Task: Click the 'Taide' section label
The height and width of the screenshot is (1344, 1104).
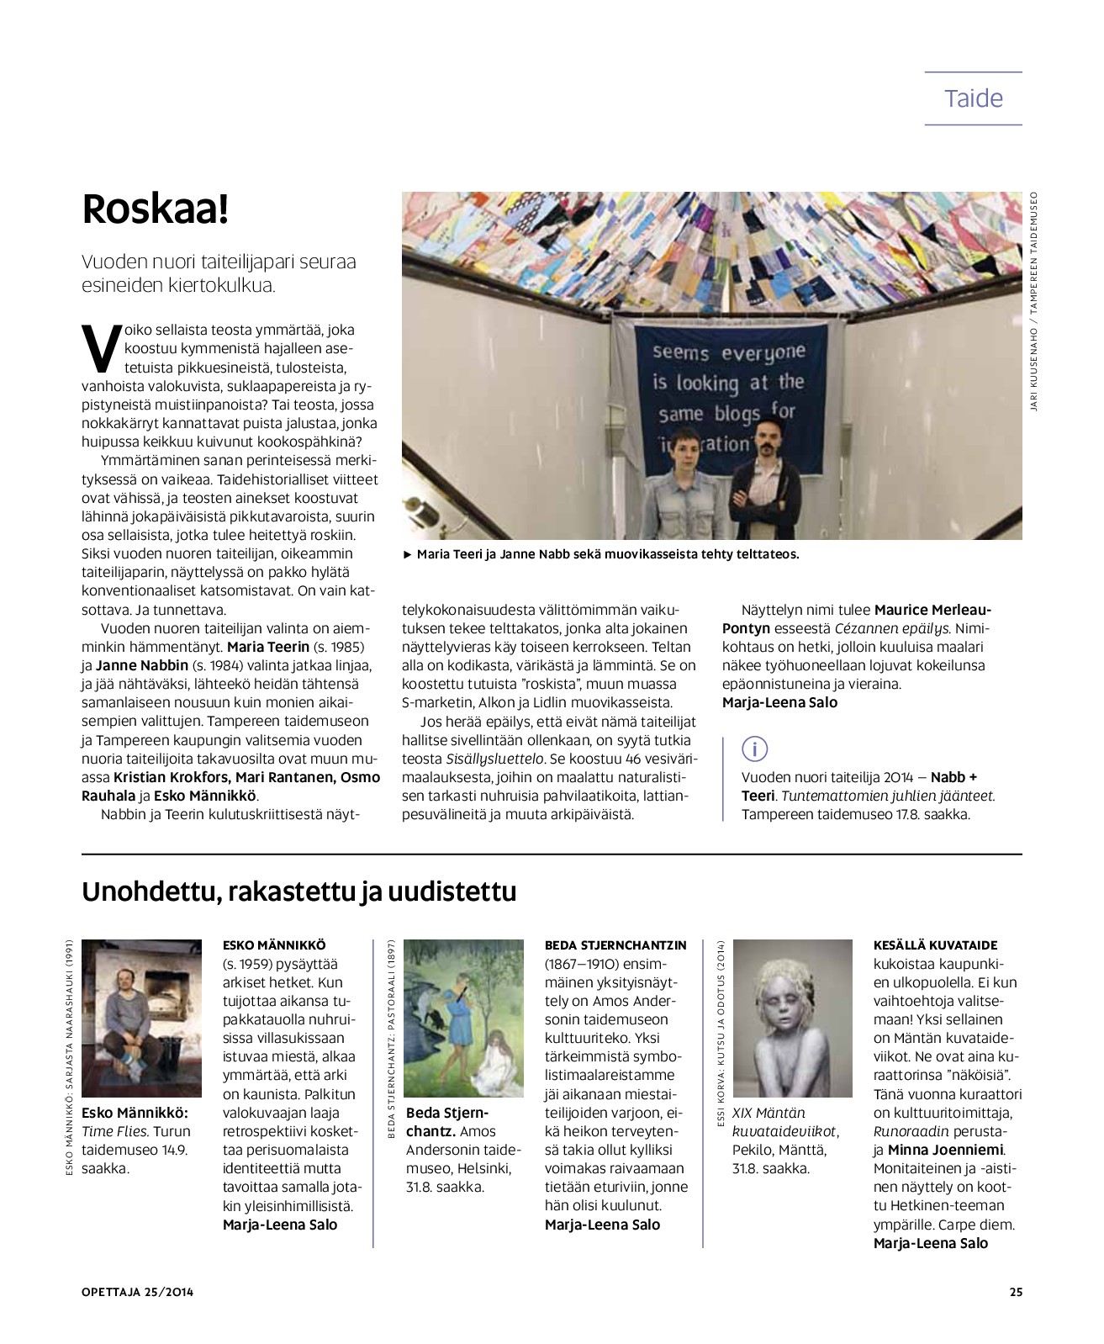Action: tap(973, 98)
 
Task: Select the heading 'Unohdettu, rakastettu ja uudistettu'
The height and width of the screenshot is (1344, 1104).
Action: tap(298, 892)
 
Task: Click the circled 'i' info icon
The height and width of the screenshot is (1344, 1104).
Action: tap(755, 748)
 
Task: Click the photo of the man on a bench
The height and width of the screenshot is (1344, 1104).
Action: tap(141, 1018)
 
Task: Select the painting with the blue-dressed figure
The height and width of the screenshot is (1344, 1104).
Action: tap(463, 1018)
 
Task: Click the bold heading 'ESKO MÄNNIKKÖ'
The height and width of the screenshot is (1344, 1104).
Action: tap(273, 945)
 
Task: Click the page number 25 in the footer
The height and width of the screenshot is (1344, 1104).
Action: tap(1015, 1293)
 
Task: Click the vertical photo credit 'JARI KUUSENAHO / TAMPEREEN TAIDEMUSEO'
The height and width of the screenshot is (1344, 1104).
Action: tap(1034, 303)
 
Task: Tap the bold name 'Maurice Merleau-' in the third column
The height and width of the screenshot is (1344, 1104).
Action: tap(932, 610)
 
